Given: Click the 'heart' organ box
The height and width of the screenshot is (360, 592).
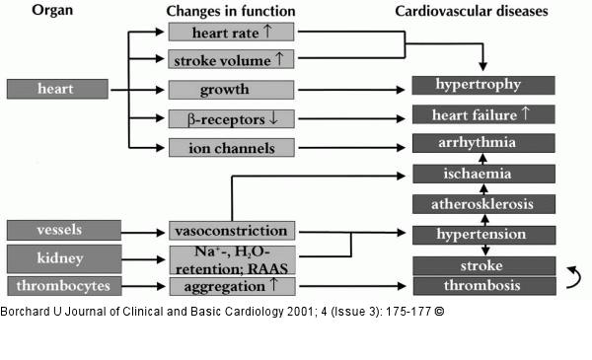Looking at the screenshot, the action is [x=57, y=89].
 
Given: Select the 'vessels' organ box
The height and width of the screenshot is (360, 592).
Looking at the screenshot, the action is [x=64, y=230].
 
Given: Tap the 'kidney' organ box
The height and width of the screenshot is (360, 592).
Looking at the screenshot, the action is [x=64, y=258].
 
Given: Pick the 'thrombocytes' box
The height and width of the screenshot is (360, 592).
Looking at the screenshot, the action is [x=64, y=286].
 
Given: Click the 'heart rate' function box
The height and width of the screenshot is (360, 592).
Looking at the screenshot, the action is [x=231, y=32].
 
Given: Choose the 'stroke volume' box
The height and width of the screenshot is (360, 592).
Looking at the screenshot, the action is [x=231, y=59].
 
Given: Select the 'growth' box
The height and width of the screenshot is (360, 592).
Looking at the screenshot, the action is [x=231, y=90].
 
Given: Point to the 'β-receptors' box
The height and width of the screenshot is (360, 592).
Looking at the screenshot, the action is [x=232, y=119].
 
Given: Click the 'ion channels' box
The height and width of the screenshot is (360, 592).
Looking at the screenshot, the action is [x=232, y=148].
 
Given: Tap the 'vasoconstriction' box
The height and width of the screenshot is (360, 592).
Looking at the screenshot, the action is [x=232, y=231].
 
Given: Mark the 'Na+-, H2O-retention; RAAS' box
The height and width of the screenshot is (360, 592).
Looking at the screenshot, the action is [x=233, y=260].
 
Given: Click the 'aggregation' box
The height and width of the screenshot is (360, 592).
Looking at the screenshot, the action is [x=233, y=286].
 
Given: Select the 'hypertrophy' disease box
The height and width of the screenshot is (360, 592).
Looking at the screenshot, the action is [x=483, y=85].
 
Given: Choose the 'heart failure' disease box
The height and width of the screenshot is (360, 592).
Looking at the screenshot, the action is [x=483, y=114].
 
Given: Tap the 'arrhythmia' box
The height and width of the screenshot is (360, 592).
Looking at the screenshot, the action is [x=483, y=143].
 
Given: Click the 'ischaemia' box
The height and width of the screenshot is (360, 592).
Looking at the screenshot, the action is [x=484, y=174].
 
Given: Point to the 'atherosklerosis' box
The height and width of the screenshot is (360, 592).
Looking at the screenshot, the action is [x=484, y=204].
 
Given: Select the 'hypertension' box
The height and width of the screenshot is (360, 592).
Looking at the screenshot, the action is [x=484, y=235].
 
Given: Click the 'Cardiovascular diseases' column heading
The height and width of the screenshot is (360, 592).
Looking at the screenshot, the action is [x=472, y=11].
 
